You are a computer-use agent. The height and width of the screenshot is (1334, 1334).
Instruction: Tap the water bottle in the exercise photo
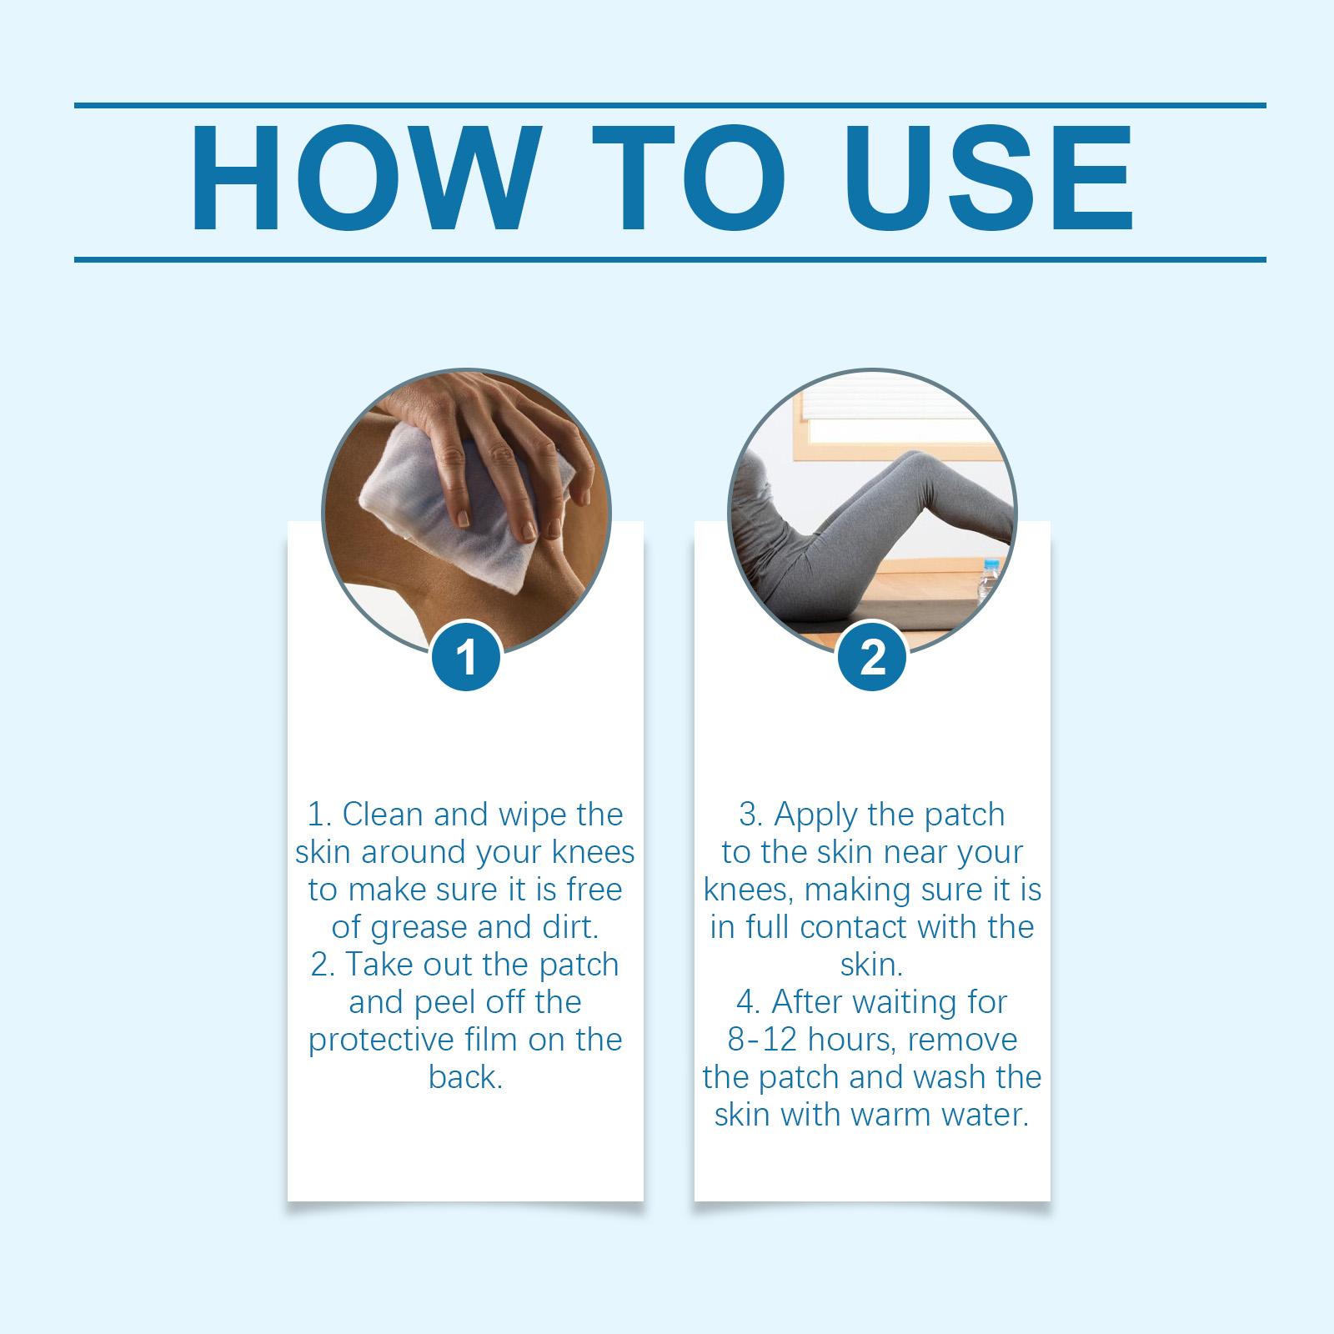(x=988, y=579)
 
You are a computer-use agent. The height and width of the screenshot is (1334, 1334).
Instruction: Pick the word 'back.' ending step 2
(x=466, y=1077)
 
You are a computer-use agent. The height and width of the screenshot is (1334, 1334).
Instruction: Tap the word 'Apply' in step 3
(x=814, y=815)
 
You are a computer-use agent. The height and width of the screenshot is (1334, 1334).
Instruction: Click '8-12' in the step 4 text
(x=762, y=1040)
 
